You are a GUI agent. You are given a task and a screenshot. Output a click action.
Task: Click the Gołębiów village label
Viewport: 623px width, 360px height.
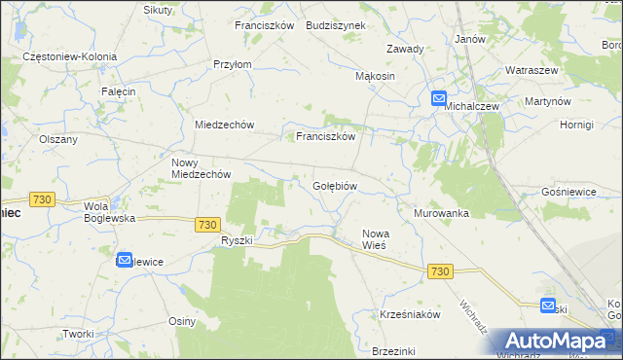coord(336,186)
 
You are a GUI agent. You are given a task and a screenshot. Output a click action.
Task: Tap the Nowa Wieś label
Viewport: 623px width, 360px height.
coord(376,239)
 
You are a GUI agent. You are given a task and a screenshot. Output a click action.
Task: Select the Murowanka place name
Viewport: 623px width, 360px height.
coord(441,213)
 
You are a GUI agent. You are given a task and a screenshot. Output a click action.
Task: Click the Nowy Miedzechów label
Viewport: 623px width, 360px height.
coord(201,168)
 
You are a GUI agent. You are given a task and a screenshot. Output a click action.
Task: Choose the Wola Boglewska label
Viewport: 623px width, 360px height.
coord(109,212)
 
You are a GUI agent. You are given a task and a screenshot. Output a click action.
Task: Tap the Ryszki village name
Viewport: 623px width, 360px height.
coord(237,240)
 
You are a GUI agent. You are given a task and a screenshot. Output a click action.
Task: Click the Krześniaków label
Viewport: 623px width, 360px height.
coord(411,315)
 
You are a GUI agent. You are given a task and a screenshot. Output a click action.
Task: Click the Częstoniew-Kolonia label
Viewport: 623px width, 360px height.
coord(70,57)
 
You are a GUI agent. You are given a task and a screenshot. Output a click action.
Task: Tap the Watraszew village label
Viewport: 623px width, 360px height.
coord(530,71)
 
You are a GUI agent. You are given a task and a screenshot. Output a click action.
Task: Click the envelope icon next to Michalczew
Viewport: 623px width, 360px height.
coord(439,98)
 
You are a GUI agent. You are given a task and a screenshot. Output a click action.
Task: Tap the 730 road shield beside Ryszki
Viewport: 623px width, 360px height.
coord(205,224)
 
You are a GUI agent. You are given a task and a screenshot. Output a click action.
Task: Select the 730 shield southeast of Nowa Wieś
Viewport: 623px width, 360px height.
coord(439,271)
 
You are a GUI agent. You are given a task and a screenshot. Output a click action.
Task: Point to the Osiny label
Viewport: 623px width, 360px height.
coord(182,322)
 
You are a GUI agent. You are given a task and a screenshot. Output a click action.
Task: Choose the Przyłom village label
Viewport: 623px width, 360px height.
coord(233,65)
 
